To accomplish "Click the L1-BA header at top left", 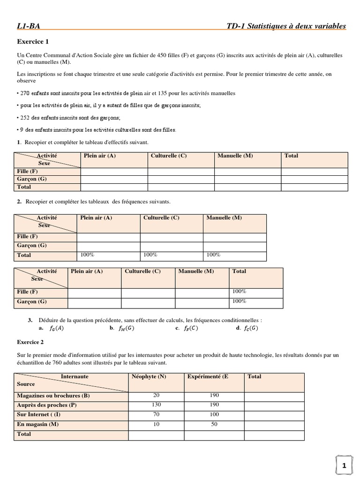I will (31, 26).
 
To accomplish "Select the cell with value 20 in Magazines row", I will (156, 396).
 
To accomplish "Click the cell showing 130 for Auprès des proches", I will (156, 405).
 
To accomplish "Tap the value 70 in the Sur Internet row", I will (156, 415).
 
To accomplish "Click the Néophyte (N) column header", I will (149, 376).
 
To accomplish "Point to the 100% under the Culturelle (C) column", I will (150, 255).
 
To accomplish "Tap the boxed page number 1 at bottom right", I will (344, 465).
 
